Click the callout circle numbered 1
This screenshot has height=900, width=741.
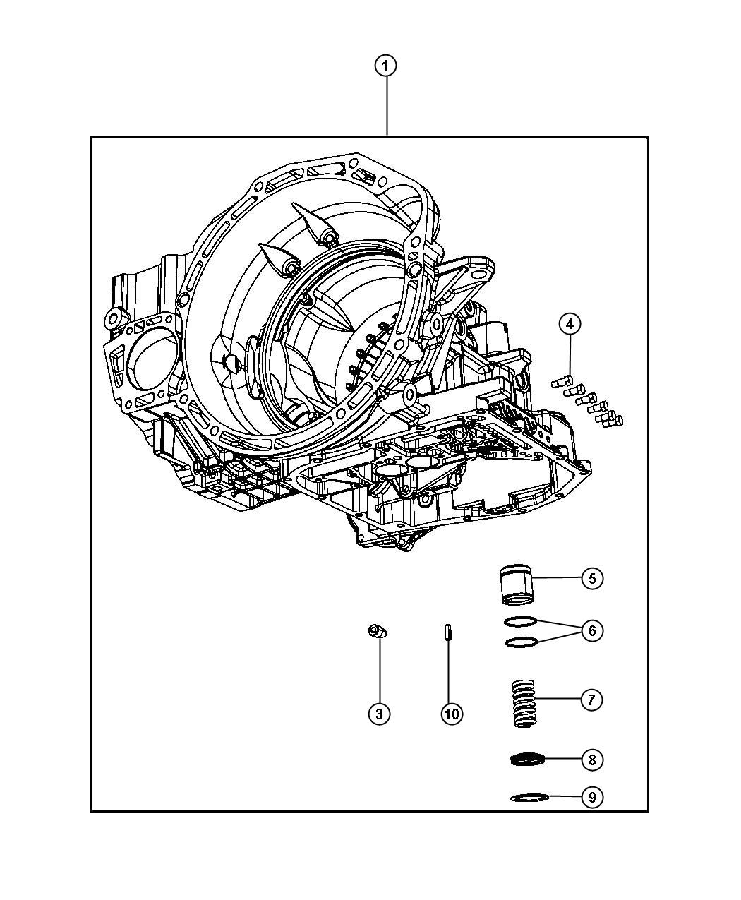[x=385, y=66]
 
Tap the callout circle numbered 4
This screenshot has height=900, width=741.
[x=570, y=324]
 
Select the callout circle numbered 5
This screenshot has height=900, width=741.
[x=592, y=578]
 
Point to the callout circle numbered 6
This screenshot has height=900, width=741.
[x=592, y=630]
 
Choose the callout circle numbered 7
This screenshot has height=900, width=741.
[x=591, y=700]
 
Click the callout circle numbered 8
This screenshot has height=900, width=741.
[x=592, y=760]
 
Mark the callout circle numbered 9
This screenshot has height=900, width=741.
[x=592, y=797]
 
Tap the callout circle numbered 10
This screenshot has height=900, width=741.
[x=452, y=714]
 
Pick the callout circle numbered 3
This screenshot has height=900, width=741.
[x=379, y=714]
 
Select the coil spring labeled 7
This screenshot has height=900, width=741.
[x=523, y=703]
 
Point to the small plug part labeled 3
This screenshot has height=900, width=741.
[x=378, y=631]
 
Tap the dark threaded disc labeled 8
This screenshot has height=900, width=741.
[x=529, y=760]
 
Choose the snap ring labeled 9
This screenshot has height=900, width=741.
[x=529, y=798]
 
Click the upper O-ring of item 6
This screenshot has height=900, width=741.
[x=521, y=621]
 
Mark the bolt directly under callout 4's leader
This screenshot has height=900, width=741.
[x=561, y=383]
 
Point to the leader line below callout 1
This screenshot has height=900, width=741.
[x=386, y=106]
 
